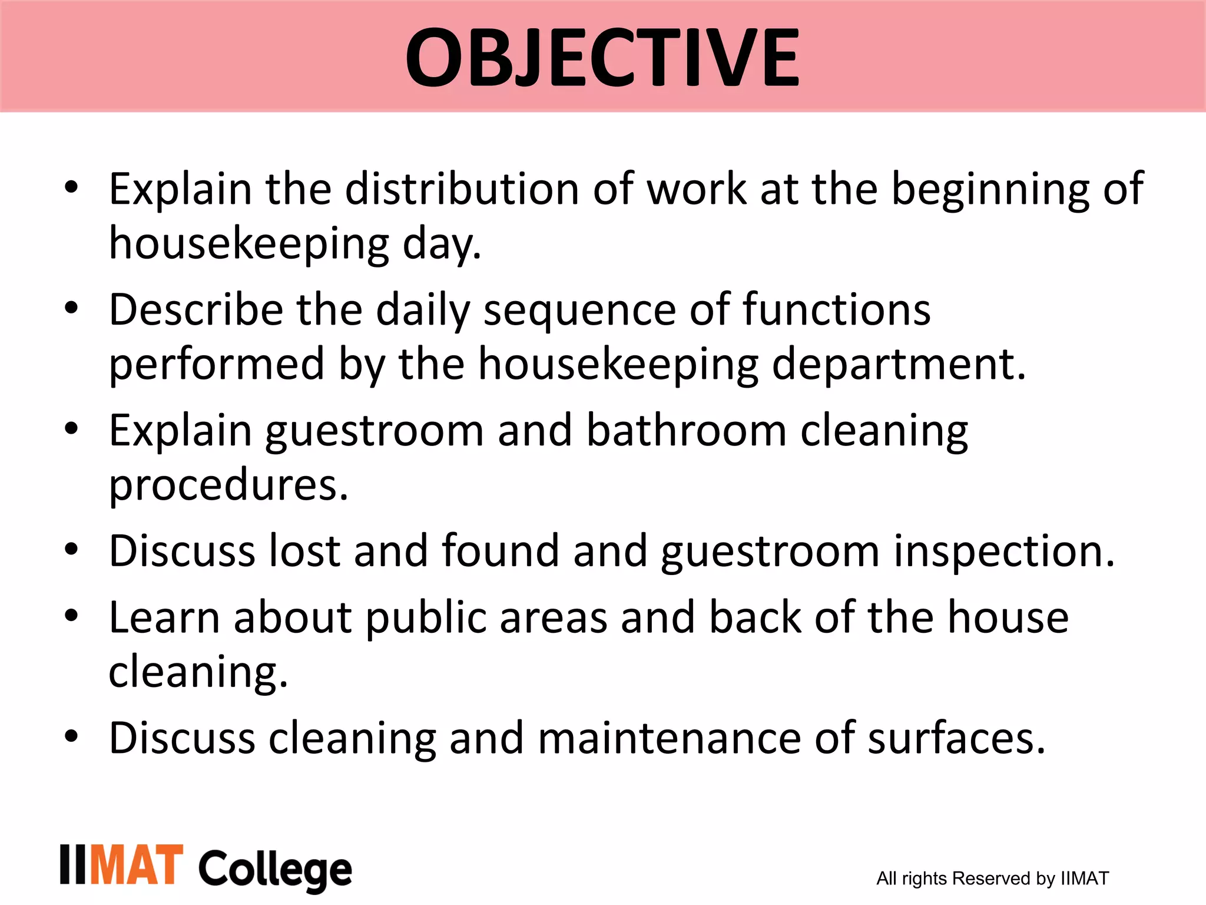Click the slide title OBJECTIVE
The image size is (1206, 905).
(602, 58)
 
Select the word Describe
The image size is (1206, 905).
(196, 310)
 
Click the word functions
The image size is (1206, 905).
(836, 310)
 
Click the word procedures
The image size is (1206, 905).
(228, 485)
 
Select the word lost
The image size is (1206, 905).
(304, 551)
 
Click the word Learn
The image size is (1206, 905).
(164, 617)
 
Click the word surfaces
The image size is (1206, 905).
(956, 739)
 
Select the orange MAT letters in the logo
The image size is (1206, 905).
(137, 864)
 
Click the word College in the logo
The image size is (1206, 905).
(275, 869)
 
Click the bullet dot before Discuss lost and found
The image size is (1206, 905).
(71, 550)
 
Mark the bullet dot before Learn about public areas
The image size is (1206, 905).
(71, 616)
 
